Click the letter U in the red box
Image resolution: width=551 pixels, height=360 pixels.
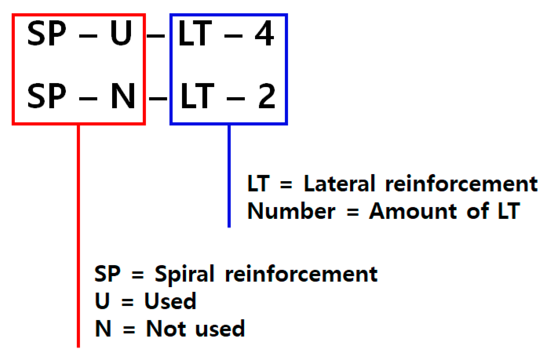tap(121, 33)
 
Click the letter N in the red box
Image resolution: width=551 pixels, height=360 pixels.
tap(123, 96)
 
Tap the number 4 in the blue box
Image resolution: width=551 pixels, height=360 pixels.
tap(264, 33)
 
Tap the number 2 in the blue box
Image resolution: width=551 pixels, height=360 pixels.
tap(267, 96)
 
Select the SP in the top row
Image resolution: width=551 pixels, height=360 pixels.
tap(47, 33)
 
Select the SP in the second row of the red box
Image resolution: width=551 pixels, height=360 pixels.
tap(47, 96)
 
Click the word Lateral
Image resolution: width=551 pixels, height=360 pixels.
tap(339, 183)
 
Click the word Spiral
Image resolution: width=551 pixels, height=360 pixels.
tap(184, 273)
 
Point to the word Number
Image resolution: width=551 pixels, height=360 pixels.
tap(291, 211)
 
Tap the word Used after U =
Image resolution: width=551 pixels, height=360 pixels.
tap(170, 301)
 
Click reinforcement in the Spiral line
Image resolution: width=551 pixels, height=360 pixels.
tap(301, 273)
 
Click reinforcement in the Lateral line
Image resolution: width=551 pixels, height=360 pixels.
tap(461, 183)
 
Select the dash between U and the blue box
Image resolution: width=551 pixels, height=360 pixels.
tap(156, 36)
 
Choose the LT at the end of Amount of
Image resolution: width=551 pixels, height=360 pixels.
tap(509, 211)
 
